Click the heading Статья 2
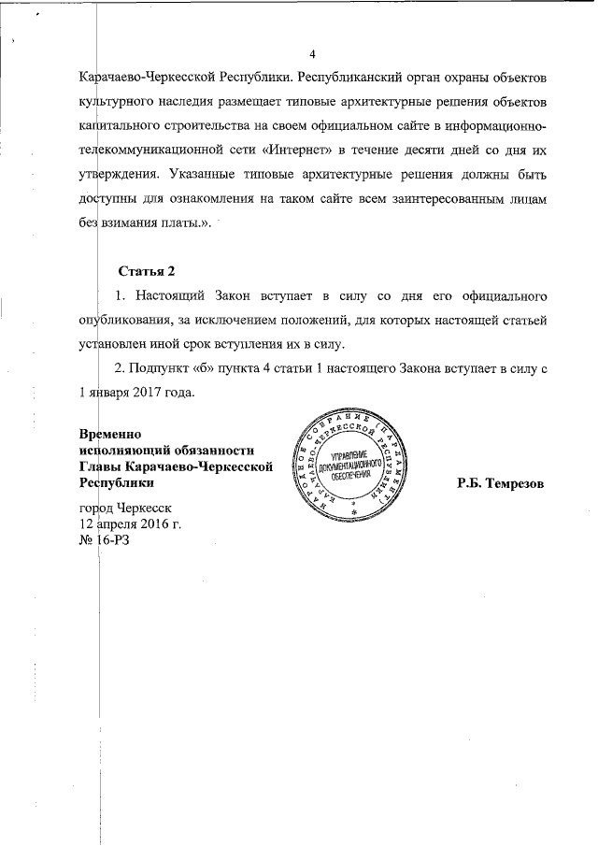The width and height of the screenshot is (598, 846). coord(147,272)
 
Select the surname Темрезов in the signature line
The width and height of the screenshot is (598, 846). coord(509,484)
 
